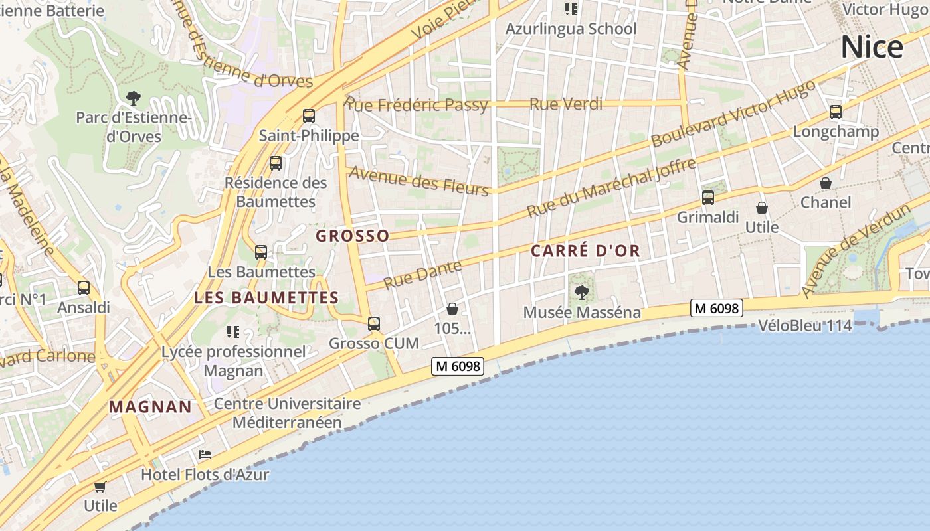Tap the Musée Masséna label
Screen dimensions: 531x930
[x=582, y=312]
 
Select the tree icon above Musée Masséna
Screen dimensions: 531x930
[x=582, y=292]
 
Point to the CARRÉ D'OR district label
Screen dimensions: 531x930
[x=585, y=251]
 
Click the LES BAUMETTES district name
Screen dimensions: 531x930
[x=266, y=298]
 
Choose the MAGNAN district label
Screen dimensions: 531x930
[x=150, y=407]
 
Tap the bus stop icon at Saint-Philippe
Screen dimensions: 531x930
[x=309, y=116]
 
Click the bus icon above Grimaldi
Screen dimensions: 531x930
[x=708, y=197]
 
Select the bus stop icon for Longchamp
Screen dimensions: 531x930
[x=836, y=112]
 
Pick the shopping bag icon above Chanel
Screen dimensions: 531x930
[x=826, y=183]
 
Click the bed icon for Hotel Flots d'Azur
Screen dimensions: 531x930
[x=205, y=455]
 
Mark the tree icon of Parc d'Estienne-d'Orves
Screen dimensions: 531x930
[x=134, y=98]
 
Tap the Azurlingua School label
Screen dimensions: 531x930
[x=571, y=29]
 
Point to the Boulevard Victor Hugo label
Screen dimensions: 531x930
[x=733, y=114]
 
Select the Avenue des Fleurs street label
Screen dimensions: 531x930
[x=418, y=181]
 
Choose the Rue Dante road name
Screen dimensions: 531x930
[x=422, y=274]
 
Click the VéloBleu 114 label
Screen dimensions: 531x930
[x=805, y=326]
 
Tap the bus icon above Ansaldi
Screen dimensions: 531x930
[x=84, y=288]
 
